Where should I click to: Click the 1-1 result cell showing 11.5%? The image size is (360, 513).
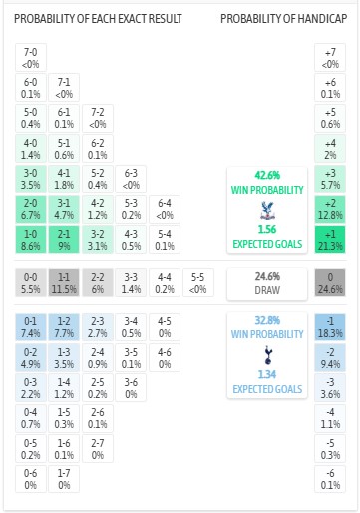coord(64,282)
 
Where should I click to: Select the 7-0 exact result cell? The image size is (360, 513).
coord(31,57)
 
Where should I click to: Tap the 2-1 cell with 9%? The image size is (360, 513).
coord(64,239)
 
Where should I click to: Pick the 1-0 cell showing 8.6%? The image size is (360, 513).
coord(31,239)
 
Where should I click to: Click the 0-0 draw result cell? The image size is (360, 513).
coord(31,282)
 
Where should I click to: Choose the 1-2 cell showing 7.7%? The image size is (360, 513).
coord(64,326)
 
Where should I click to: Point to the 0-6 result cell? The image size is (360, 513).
coord(31,478)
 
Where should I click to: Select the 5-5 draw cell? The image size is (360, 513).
coord(197,282)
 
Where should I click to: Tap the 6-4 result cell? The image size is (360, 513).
coord(165,209)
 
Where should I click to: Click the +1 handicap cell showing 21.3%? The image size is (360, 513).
coord(330,239)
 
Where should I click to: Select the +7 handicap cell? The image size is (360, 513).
coord(330,57)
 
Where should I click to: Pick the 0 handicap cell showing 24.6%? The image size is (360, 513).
coord(330,282)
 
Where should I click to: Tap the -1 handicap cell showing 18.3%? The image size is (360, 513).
coord(330,326)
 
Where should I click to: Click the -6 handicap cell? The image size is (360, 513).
coord(330,478)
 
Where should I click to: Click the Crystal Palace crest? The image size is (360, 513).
coord(264,209)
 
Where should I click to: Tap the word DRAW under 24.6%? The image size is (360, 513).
coord(264,292)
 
